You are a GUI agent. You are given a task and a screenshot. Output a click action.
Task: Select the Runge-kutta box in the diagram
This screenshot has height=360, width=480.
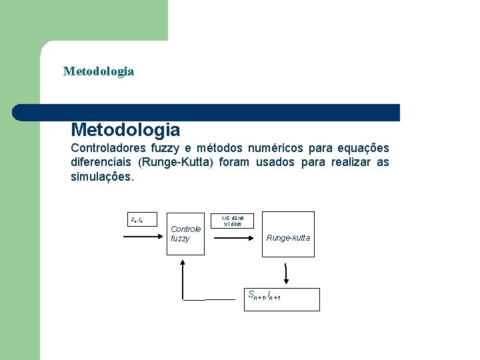tap(287, 237)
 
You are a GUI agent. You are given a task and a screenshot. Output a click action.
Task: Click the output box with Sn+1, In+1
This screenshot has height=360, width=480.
tap(281, 299)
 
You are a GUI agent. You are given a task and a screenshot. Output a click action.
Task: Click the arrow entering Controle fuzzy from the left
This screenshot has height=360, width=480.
tap(143, 236)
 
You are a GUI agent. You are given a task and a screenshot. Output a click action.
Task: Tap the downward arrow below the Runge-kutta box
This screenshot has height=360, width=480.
tap(286, 273)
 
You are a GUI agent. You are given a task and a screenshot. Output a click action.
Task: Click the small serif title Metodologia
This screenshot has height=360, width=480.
tap(99, 71)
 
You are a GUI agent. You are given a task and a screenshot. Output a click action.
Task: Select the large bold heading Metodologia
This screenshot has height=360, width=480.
tap(125, 129)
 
